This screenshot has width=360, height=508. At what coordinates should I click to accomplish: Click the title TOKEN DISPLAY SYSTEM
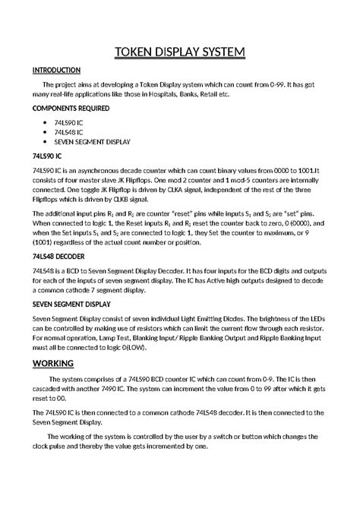pos(180,52)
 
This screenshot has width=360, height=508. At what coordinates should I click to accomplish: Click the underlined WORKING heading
pos(53,363)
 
